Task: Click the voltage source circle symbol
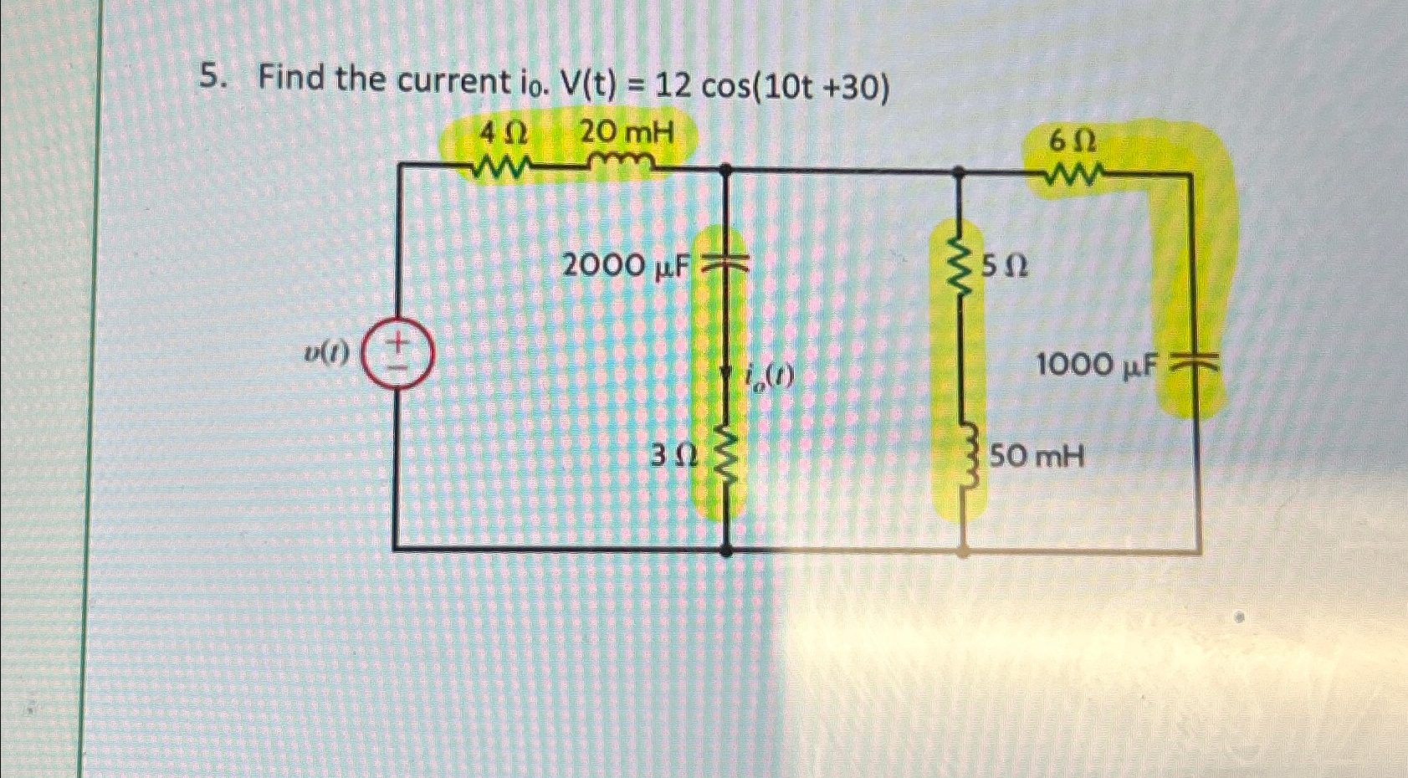coord(399,354)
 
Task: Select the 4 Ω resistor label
coord(503,132)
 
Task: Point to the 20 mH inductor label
coord(626,131)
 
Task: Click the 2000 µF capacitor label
coord(627,266)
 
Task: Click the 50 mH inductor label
coord(1037,457)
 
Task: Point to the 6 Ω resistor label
coord(1073,143)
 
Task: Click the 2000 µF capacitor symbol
coord(724,265)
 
